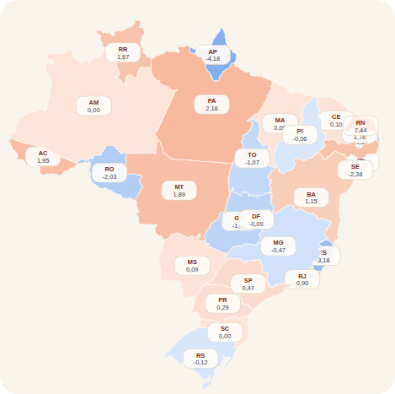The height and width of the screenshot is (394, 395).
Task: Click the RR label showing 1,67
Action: click(x=123, y=53)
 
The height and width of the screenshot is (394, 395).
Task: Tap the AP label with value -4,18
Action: click(x=213, y=55)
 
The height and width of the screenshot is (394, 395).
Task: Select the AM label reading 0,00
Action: click(x=93, y=105)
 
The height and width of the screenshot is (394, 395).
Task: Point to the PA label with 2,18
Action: click(x=211, y=104)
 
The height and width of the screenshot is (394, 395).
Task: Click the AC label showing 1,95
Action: click(x=43, y=156)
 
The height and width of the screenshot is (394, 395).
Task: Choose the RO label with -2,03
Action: click(x=109, y=173)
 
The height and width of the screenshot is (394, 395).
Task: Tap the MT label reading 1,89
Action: click(x=179, y=190)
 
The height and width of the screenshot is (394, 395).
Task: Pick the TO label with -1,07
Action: click(x=252, y=159)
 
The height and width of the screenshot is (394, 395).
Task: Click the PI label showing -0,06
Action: click(x=301, y=135)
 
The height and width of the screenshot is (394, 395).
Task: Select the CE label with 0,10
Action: click(x=336, y=120)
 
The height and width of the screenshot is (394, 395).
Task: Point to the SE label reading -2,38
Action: click(x=355, y=170)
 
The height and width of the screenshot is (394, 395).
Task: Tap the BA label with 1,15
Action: click(x=311, y=197)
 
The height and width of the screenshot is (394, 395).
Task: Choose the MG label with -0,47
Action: click(x=278, y=246)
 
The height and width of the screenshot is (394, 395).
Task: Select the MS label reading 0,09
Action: click(x=192, y=265)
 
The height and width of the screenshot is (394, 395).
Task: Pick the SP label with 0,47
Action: click(x=248, y=283)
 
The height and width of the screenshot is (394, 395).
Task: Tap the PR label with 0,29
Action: click(x=222, y=303)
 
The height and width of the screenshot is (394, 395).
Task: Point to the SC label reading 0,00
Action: click(x=225, y=332)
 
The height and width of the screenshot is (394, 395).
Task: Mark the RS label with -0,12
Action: click(x=200, y=359)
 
